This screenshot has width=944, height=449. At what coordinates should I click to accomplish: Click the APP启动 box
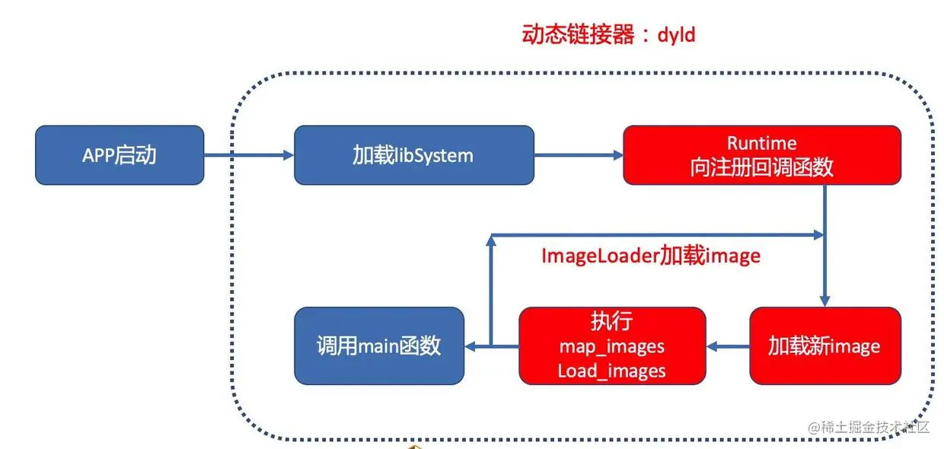(120, 155)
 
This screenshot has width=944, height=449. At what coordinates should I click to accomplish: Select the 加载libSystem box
(413, 155)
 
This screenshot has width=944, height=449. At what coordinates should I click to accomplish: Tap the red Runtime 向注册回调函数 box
(761, 155)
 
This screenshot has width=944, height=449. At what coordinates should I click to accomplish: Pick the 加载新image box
(824, 346)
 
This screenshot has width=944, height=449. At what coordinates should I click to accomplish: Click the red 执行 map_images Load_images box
(612, 346)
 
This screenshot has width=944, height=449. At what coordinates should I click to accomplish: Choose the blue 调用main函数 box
(379, 346)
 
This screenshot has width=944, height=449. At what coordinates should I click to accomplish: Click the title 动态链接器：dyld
(608, 34)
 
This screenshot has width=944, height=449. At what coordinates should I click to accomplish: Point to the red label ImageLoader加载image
(651, 256)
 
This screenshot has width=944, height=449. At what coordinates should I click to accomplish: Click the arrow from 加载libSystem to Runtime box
(579, 155)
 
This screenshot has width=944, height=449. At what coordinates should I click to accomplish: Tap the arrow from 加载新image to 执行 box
(728, 347)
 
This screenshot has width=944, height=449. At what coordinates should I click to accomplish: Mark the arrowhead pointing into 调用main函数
(470, 347)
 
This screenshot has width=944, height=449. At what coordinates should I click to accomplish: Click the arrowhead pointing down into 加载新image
(824, 301)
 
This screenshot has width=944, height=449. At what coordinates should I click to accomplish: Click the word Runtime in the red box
(761, 143)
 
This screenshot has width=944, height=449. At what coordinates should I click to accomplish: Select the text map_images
(611, 346)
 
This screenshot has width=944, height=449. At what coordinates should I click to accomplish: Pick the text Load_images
(611, 371)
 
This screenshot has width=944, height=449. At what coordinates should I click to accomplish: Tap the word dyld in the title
(676, 35)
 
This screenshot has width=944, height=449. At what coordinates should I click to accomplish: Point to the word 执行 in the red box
(611, 321)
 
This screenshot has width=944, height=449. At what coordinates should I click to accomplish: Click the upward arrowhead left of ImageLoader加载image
(491, 240)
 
